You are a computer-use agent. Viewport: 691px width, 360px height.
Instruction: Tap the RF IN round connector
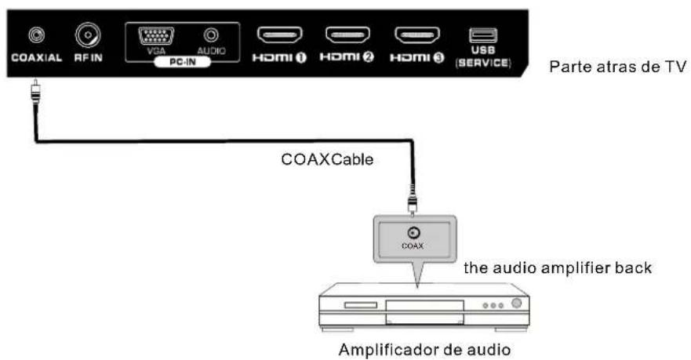coord(86,35)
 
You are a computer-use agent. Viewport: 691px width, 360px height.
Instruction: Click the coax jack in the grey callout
coord(413,231)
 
